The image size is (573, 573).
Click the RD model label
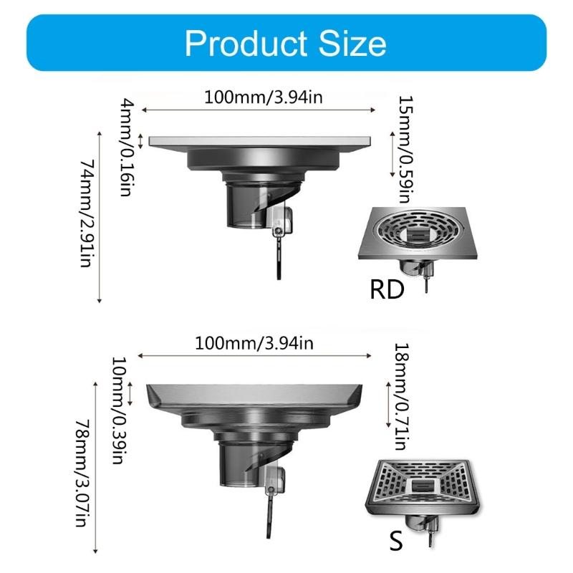pos(387,290)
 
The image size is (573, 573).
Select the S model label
pos(395,540)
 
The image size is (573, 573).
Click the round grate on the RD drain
pos(418,232)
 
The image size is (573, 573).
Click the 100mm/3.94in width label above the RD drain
pos(259,97)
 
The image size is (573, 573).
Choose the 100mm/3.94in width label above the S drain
pos(254,343)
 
